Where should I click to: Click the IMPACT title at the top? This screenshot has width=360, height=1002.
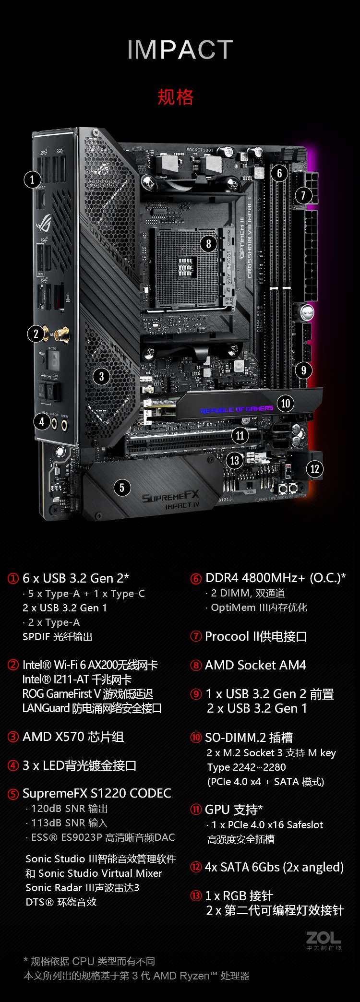(x=180, y=50)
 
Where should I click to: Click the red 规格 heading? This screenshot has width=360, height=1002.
(x=176, y=97)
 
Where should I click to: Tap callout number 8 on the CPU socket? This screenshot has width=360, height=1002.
(x=208, y=244)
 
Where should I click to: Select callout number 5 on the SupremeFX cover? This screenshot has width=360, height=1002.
(x=122, y=488)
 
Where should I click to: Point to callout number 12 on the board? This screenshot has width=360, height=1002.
(x=314, y=469)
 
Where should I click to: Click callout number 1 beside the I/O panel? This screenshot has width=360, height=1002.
(x=32, y=179)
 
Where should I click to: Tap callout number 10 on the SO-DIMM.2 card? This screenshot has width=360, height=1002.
(x=286, y=403)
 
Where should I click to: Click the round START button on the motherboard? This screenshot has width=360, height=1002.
(x=308, y=312)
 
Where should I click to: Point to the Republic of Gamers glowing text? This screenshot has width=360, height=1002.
(x=237, y=410)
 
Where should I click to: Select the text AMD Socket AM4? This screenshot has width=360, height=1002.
(x=255, y=665)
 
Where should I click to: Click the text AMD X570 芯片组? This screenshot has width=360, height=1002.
(x=73, y=737)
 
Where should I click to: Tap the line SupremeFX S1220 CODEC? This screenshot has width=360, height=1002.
(x=96, y=793)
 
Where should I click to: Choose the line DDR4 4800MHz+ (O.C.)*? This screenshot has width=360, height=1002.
(x=276, y=578)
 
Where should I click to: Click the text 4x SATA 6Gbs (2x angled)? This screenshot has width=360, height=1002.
(x=274, y=867)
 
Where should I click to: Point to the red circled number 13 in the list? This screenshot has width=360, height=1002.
(x=196, y=896)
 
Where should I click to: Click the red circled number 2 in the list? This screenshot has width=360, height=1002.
(x=13, y=665)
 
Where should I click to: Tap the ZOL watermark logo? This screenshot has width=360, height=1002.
(x=324, y=940)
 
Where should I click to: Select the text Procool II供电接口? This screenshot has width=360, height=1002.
(x=256, y=636)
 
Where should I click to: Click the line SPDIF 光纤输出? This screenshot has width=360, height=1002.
(x=57, y=636)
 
